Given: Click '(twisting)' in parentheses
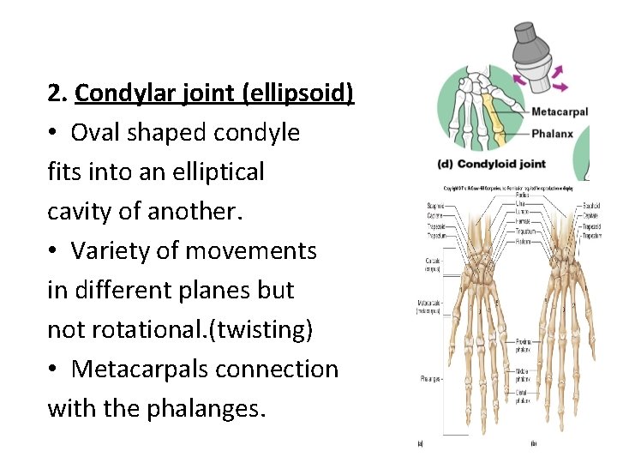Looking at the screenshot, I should point(261,330).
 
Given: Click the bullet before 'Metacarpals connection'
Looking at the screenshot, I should point(56,370).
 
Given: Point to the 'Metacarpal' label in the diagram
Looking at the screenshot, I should point(560,111).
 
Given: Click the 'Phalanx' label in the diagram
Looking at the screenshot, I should point(552,134).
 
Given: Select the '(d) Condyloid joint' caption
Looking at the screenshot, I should point(490,164).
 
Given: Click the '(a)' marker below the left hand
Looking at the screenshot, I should point(420,442).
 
